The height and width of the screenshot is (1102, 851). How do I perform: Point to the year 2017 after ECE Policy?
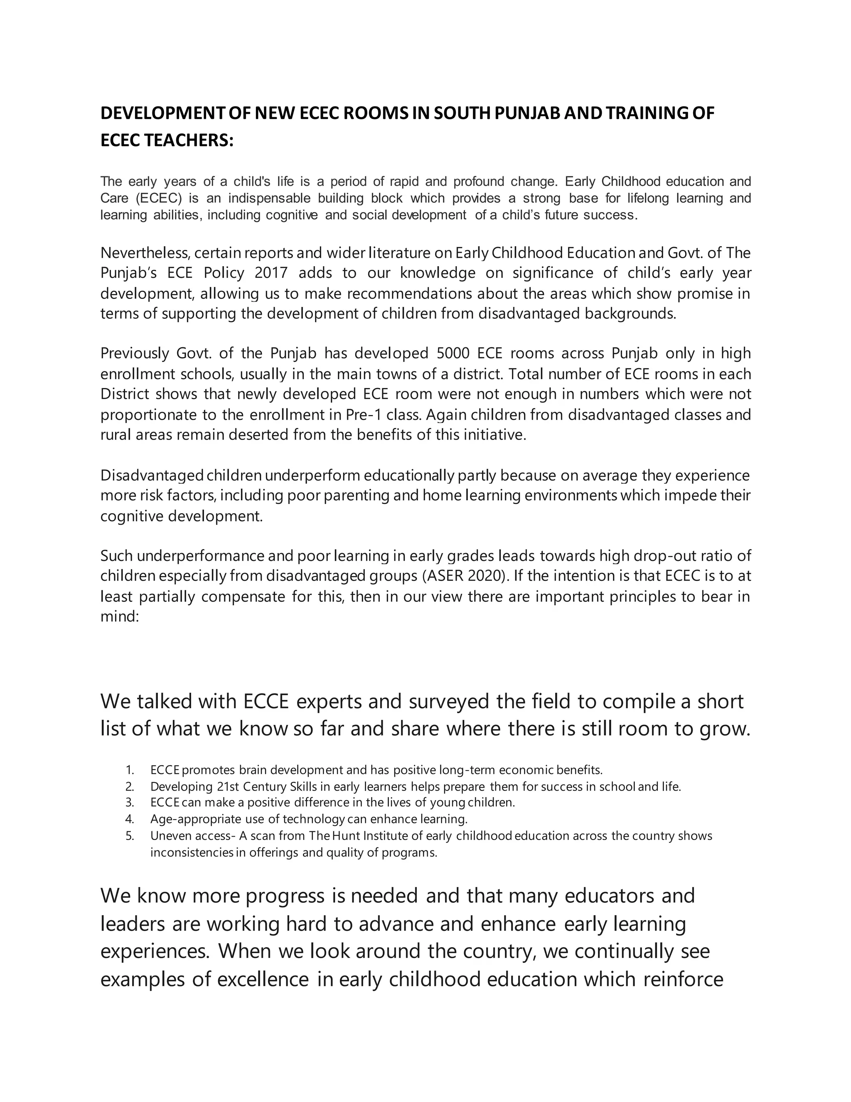coord(271,273)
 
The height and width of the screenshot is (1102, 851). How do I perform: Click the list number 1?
coord(130,770)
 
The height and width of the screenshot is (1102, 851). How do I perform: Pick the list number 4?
coord(130,818)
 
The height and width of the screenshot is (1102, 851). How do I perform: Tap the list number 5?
coord(130,835)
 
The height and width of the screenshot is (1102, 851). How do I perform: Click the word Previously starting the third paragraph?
coord(135,353)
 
